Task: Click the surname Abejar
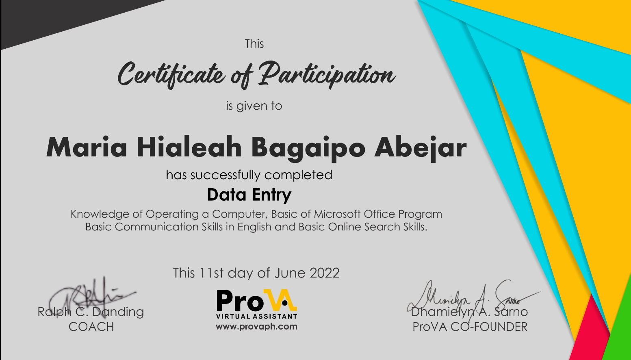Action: (x=420, y=147)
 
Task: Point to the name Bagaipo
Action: (x=308, y=148)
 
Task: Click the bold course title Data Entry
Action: (x=249, y=195)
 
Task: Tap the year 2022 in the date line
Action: (x=324, y=273)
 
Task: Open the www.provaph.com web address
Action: (x=256, y=327)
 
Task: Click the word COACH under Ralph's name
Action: (x=91, y=327)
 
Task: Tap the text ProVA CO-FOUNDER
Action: (x=470, y=327)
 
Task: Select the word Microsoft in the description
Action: (x=337, y=214)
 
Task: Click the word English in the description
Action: (x=254, y=227)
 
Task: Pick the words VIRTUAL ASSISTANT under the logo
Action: (x=256, y=317)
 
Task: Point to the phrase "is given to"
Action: (x=254, y=106)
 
